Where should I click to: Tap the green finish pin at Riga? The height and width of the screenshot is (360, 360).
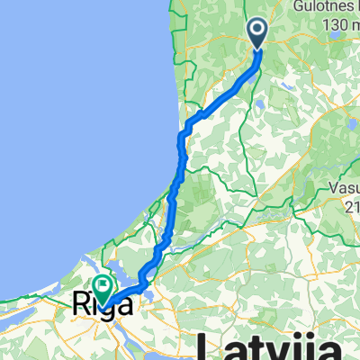(x=101, y=289)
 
